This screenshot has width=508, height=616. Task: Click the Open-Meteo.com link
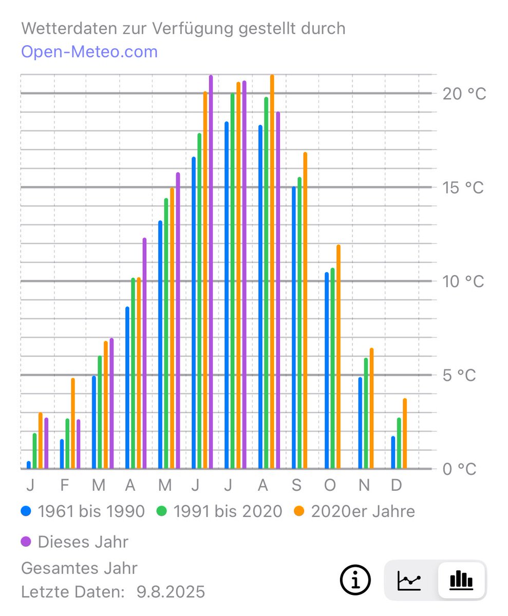(89, 52)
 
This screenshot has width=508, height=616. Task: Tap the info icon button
(355, 580)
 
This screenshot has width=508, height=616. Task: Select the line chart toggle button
(409, 581)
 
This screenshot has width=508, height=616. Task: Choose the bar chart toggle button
(461, 581)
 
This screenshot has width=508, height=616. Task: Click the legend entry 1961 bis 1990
(83, 511)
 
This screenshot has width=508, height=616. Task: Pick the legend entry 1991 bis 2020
(219, 511)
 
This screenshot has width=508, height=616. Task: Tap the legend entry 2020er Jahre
(354, 511)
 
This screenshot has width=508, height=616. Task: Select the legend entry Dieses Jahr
(75, 542)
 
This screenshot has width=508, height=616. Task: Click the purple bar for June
(211, 272)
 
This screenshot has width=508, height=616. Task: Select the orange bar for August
(272, 272)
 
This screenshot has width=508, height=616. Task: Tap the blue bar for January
(29, 465)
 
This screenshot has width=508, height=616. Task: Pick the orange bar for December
(405, 434)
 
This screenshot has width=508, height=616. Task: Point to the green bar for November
(366, 413)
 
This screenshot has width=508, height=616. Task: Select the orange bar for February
(73, 423)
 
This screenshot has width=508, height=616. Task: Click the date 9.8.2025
(171, 592)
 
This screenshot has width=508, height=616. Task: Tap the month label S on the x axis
(297, 485)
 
